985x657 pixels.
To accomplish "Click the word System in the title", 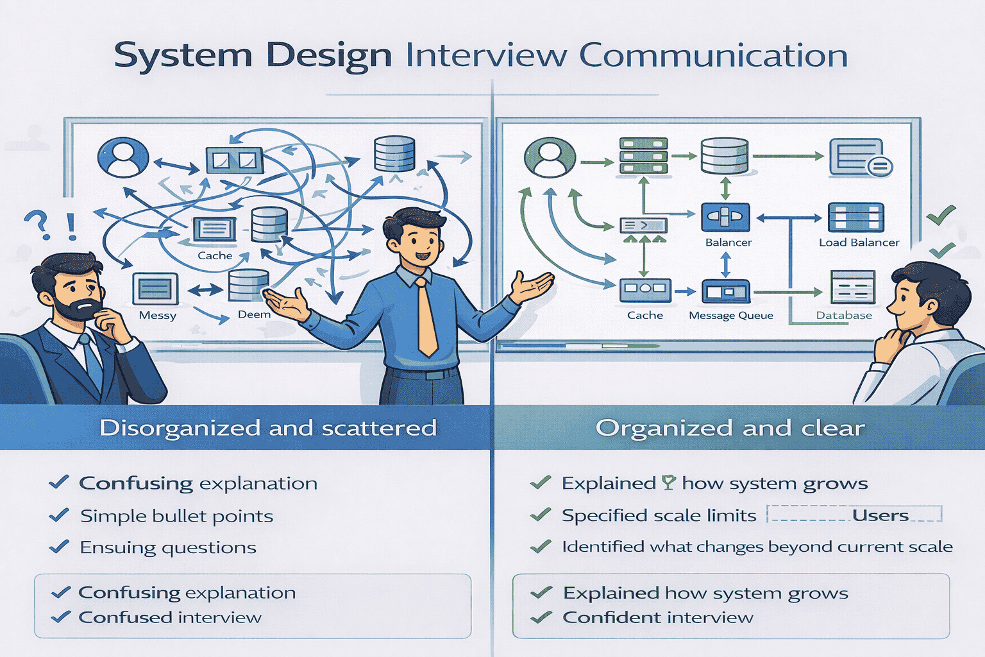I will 182,56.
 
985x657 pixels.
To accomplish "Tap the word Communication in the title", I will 713,56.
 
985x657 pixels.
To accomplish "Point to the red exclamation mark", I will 71,226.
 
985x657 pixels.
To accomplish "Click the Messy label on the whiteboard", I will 157,316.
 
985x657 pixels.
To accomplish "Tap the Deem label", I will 254,314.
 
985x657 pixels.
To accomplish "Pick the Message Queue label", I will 730,316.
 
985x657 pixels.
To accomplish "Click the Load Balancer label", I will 859,243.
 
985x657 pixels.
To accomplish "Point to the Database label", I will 844,316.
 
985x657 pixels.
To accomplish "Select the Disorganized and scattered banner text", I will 268,428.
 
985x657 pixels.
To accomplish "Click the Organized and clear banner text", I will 730,428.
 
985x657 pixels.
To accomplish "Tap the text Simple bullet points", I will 176,516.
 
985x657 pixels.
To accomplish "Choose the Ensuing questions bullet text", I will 168,548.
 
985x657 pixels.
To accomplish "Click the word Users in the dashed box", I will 880,516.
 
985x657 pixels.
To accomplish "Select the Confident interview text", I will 657,618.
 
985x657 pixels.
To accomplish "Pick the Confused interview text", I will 170,618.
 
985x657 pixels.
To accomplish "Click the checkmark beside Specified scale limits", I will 541,515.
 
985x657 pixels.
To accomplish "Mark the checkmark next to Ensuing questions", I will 59,547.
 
